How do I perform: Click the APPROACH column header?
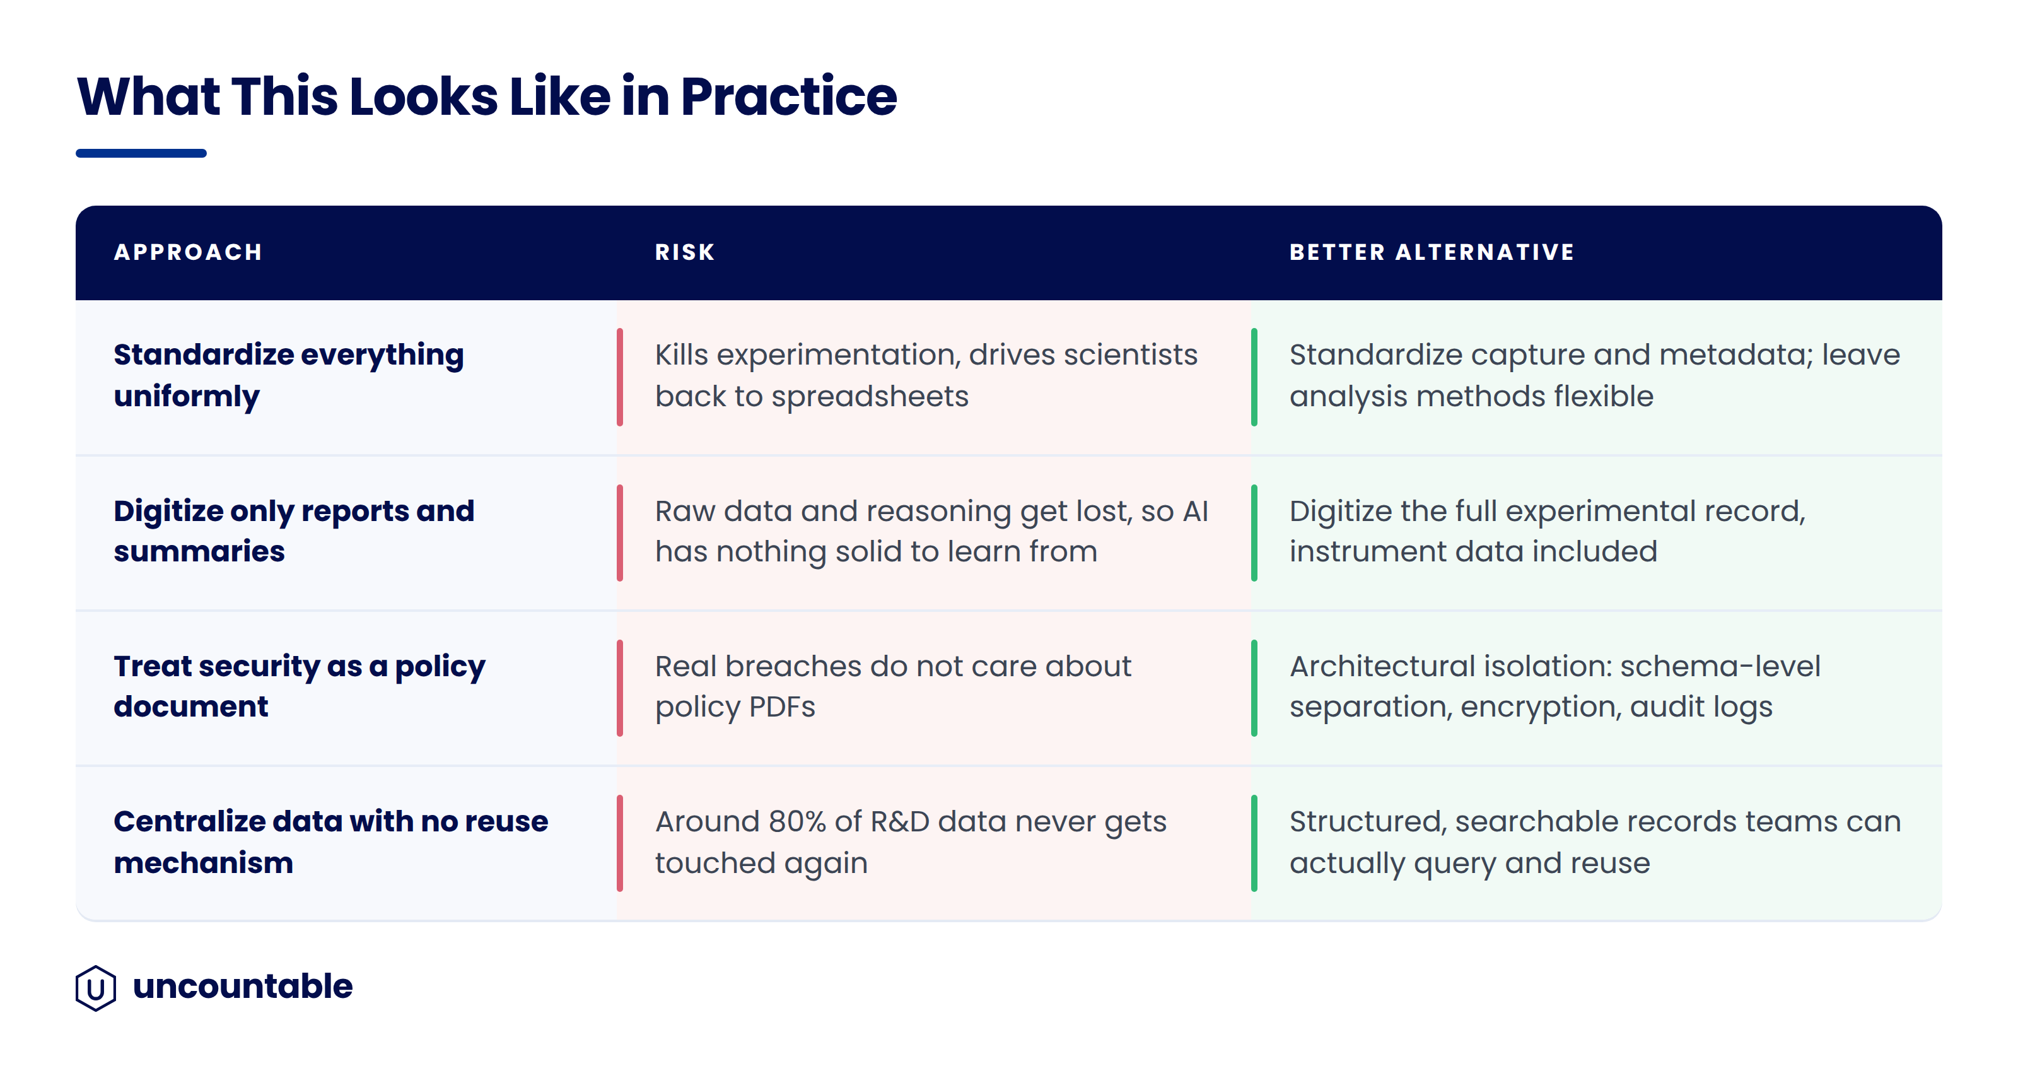pos(188,252)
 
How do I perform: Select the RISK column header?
pos(685,252)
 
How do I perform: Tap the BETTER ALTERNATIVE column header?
pos(1432,252)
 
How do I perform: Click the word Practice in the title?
pos(789,97)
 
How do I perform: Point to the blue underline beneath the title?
pos(141,153)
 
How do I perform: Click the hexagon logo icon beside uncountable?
pos(96,988)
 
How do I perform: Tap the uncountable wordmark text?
pos(243,987)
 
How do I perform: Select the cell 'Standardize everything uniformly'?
pos(289,375)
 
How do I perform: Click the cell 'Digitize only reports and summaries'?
pos(294,531)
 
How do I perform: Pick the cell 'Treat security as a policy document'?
pos(300,686)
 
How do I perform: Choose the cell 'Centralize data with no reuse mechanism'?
pos(330,841)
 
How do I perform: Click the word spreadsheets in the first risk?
pos(870,397)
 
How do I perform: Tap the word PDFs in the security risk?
pos(782,707)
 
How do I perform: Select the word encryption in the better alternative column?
pos(1541,708)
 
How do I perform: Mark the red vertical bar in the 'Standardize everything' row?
pos(620,378)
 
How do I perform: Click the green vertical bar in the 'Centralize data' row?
pos(1254,843)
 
